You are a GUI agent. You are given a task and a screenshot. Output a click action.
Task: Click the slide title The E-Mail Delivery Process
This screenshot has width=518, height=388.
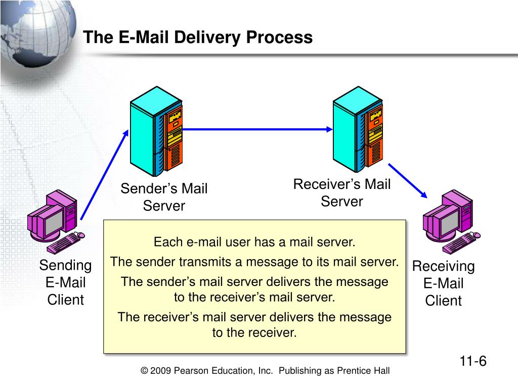(x=198, y=37)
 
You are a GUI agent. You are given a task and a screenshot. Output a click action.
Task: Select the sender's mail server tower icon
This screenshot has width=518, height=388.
(x=156, y=131)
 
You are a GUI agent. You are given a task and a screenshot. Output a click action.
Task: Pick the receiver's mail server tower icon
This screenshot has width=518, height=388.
(x=358, y=129)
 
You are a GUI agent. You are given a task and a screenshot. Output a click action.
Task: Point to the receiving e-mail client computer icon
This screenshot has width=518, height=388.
(x=451, y=222)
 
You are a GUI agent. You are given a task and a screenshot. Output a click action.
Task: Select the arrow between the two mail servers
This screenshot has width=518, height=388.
(x=257, y=129)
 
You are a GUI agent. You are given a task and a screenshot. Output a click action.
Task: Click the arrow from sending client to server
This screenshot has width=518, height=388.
(x=104, y=174)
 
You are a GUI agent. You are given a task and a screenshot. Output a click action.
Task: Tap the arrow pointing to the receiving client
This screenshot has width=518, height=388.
(x=408, y=180)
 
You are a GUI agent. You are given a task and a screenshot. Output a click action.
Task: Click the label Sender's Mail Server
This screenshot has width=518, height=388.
(x=164, y=197)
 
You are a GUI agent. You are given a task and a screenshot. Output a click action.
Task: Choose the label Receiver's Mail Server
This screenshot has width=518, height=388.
(x=342, y=192)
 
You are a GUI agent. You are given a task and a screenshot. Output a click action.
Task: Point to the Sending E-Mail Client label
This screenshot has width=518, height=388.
(x=65, y=282)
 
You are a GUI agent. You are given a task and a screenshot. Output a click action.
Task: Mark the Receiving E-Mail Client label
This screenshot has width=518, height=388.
(x=443, y=283)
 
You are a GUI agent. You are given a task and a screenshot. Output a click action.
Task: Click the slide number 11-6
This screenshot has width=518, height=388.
(x=473, y=361)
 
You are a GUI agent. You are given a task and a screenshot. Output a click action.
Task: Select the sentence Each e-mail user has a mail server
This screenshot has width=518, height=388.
(x=254, y=242)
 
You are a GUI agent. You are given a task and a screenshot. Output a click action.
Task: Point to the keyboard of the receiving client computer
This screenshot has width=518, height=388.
(x=462, y=243)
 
